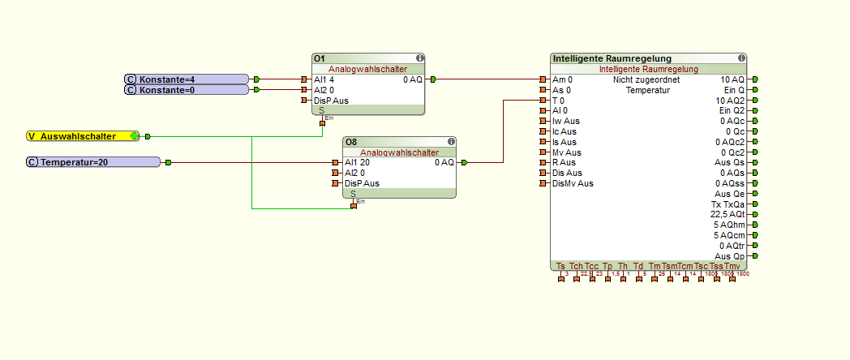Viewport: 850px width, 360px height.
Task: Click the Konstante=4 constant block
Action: click(x=187, y=79)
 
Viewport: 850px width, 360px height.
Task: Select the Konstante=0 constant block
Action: click(x=187, y=90)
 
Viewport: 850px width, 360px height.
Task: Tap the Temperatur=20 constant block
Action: click(x=93, y=162)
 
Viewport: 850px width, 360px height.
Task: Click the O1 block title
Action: click(x=320, y=58)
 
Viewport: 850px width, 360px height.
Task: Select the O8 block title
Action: click(x=350, y=142)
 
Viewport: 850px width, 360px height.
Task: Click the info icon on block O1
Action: click(x=419, y=58)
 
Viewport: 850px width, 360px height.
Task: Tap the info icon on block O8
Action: click(x=451, y=142)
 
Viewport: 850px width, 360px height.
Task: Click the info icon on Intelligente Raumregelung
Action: click(x=741, y=58)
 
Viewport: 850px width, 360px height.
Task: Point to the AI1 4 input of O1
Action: click(x=324, y=79)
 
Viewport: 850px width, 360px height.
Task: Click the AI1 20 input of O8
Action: click(x=356, y=162)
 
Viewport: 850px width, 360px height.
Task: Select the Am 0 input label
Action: click(x=562, y=79)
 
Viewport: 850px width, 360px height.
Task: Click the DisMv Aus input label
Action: click(x=573, y=183)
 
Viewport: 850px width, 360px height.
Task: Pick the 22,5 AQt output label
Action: click(x=728, y=214)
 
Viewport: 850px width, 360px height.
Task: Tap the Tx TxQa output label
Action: click(x=728, y=204)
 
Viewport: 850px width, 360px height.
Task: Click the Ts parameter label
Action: click(x=560, y=266)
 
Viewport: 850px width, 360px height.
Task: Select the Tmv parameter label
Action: click(x=732, y=266)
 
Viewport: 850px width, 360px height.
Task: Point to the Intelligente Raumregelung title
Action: click(x=612, y=58)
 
